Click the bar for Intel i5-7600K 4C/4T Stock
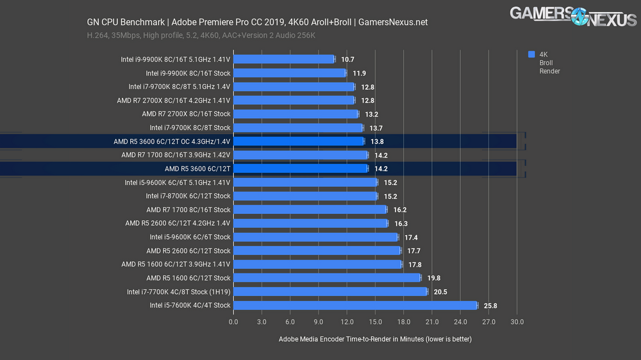[355, 306]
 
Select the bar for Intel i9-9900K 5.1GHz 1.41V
[283, 60]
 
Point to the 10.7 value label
[347, 60]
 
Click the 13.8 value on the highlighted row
[377, 142]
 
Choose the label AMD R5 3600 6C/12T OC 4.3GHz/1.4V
[171, 142]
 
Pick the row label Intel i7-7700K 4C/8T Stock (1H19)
[178, 291]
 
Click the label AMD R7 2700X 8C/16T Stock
[186, 114]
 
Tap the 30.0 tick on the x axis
[517, 322]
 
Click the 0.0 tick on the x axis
[233, 322]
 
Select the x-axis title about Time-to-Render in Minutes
[375, 339]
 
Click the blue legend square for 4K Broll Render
[531, 55]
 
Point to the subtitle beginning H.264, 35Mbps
[201, 35]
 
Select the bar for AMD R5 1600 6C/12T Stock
[326, 278]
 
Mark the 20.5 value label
[440, 291]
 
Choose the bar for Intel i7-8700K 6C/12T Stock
[304, 196]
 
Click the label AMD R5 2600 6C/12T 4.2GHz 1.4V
[178, 224]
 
